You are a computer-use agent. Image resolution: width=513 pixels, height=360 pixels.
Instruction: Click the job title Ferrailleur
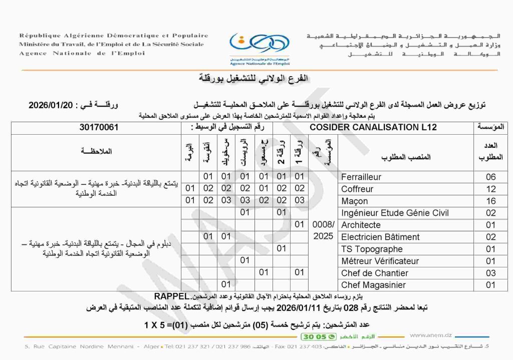pyautogui.click(x=361, y=177)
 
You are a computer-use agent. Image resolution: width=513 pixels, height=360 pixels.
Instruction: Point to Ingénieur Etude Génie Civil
pyautogui.click(x=395, y=213)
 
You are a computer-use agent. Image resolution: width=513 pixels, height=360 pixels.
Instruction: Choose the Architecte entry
pyautogui.click(x=361, y=225)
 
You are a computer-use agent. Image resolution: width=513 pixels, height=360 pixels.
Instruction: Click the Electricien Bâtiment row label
pyautogui.click(x=380, y=237)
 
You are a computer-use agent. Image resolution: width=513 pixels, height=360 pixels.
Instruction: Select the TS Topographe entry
pyautogui.click(x=372, y=249)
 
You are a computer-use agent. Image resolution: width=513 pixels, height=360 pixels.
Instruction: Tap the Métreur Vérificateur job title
pyautogui.click(x=380, y=261)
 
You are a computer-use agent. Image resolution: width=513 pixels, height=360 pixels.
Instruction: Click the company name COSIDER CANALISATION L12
pyautogui.click(x=373, y=127)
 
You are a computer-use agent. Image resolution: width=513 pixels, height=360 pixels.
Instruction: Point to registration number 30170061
pyautogui.click(x=99, y=127)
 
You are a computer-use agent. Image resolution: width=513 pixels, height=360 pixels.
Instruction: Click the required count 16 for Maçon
pyautogui.click(x=490, y=201)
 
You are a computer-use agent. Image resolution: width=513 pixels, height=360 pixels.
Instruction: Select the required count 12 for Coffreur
pyautogui.click(x=490, y=189)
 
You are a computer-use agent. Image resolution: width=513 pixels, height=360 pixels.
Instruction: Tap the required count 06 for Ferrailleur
pyautogui.click(x=490, y=177)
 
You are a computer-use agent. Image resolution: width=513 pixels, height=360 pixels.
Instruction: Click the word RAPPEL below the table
pyautogui.click(x=172, y=295)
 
